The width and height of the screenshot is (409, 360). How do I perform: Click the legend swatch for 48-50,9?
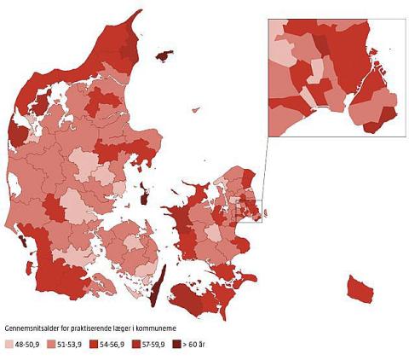coord(9,344)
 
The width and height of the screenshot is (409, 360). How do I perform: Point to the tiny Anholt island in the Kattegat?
coord(197,110)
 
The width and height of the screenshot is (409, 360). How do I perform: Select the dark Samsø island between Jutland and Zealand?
coord(145,202)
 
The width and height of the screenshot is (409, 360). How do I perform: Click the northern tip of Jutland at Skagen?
coord(137,19)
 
